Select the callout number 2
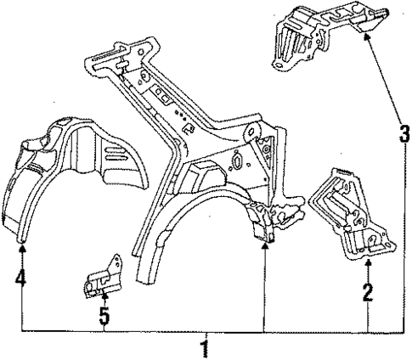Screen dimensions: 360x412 pos(368,293)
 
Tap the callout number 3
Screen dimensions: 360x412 pos(405,133)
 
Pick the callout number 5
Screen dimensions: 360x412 pos(104,317)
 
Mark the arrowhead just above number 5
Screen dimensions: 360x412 pos(104,298)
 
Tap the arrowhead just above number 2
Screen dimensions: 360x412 pos(368,267)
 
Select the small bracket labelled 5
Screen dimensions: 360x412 pos(101,280)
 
